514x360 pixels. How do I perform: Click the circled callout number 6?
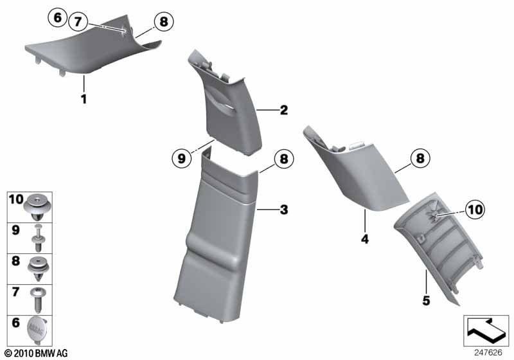click(57, 17)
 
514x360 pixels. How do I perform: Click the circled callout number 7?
click(78, 22)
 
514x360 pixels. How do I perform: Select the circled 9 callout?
click(181, 159)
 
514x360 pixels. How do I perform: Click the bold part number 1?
click(84, 99)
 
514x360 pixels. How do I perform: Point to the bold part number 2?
click(284, 110)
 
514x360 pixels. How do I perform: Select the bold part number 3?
click(284, 210)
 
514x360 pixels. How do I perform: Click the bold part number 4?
click(365, 239)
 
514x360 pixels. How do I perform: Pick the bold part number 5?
click(426, 300)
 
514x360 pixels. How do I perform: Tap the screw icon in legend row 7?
click(37, 300)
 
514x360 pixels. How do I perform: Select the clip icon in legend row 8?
click(39, 269)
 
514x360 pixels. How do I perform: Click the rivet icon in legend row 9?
click(38, 238)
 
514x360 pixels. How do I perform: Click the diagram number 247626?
click(488, 352)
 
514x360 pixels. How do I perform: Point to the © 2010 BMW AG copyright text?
click(36, 353)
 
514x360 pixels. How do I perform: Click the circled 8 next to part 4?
click(420, 158)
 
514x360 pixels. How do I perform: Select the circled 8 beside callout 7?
click(164, 22)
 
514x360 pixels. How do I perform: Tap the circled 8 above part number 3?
click(284, 159)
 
